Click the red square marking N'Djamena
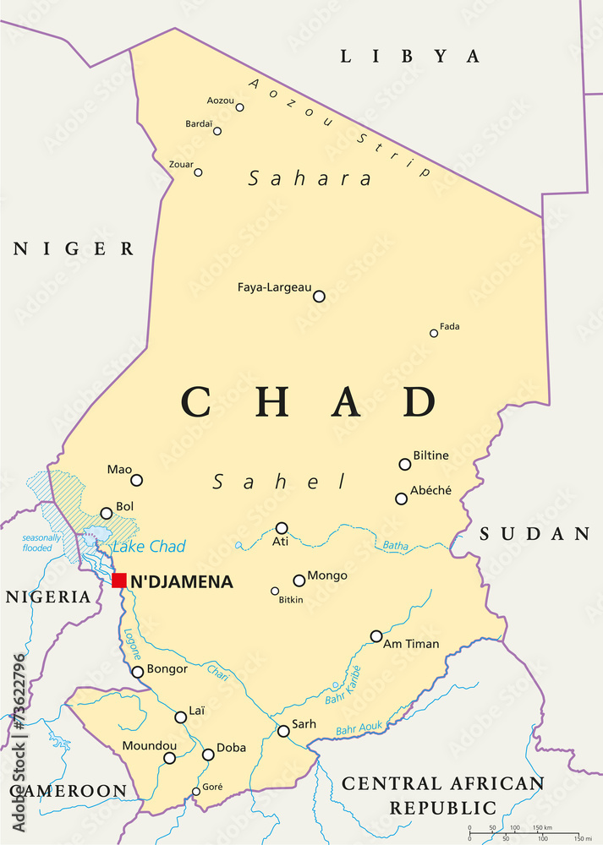[119, 580]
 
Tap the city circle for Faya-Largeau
[319, 296]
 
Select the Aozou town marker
[239, 107]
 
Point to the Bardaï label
[199, 123]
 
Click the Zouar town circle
[198, 172]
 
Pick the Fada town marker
[434, 333]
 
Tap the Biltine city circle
[405, 464]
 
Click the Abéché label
[430, 490]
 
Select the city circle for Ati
[282, 527]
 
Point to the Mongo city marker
[299, 581]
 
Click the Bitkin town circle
[275, 591]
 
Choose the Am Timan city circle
[376, 636]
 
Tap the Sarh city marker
[283, 731]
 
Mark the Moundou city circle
[169, 758]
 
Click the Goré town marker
[196, 792]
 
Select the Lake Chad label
[149, 547]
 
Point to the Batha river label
[395, 546]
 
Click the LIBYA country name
[409, 57]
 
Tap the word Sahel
[279, 482]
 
